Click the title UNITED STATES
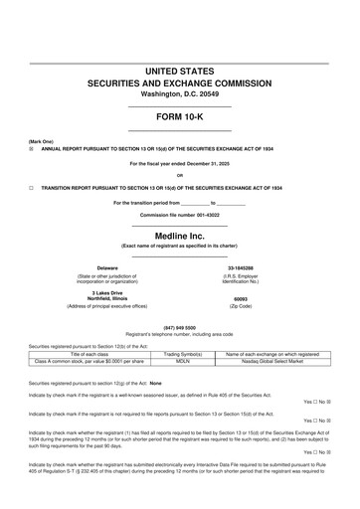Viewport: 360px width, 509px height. (180, 72)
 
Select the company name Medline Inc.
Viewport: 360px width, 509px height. (180, 236)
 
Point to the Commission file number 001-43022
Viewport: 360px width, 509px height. (180, 215)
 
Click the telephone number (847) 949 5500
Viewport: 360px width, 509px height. (180, 327)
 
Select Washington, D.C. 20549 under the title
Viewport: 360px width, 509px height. (180, 94)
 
